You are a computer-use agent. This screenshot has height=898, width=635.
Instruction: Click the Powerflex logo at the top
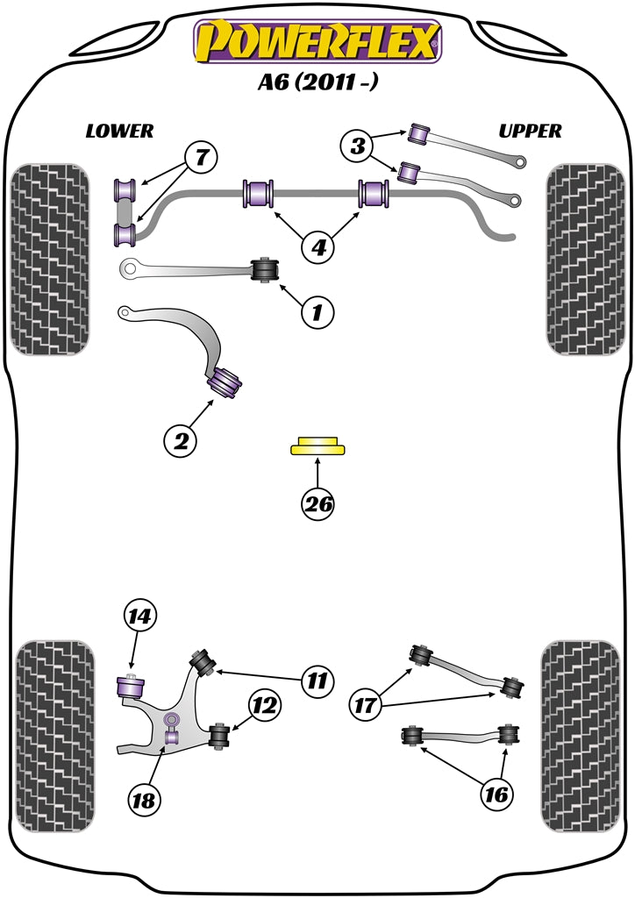pyautogui.click(x=317, y=41)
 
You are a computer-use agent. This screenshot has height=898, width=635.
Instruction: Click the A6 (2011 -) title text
pyautogui.click(x=317, y=84)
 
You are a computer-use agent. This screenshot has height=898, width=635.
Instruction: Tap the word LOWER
pyautogui.click(x=119, y=132)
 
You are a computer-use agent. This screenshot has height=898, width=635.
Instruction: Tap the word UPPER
pyautogui.click(x=530, y=132)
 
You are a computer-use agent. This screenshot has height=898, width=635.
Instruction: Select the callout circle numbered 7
pyautogui.click(x=201, y=159)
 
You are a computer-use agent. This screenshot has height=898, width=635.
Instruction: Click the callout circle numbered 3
pyautogui.click(x=358, y=147)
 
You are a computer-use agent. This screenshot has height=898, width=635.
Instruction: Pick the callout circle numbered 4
pyautogui.click(x=318, y=248)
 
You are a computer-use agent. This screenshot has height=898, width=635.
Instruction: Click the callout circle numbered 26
pyautogui.click(x=317, y=504)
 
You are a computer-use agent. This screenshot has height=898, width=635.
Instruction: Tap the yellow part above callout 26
pyautogui.click(x=317, y=447)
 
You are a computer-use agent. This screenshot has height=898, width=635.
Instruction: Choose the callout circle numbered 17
pyautogui.click(x=368, y=703)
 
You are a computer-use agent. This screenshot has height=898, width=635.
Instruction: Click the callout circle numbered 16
pyautogui.click(x=496, y=795)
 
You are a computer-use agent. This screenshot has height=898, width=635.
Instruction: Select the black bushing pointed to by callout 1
pyautogui.click(x=265, y=270)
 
